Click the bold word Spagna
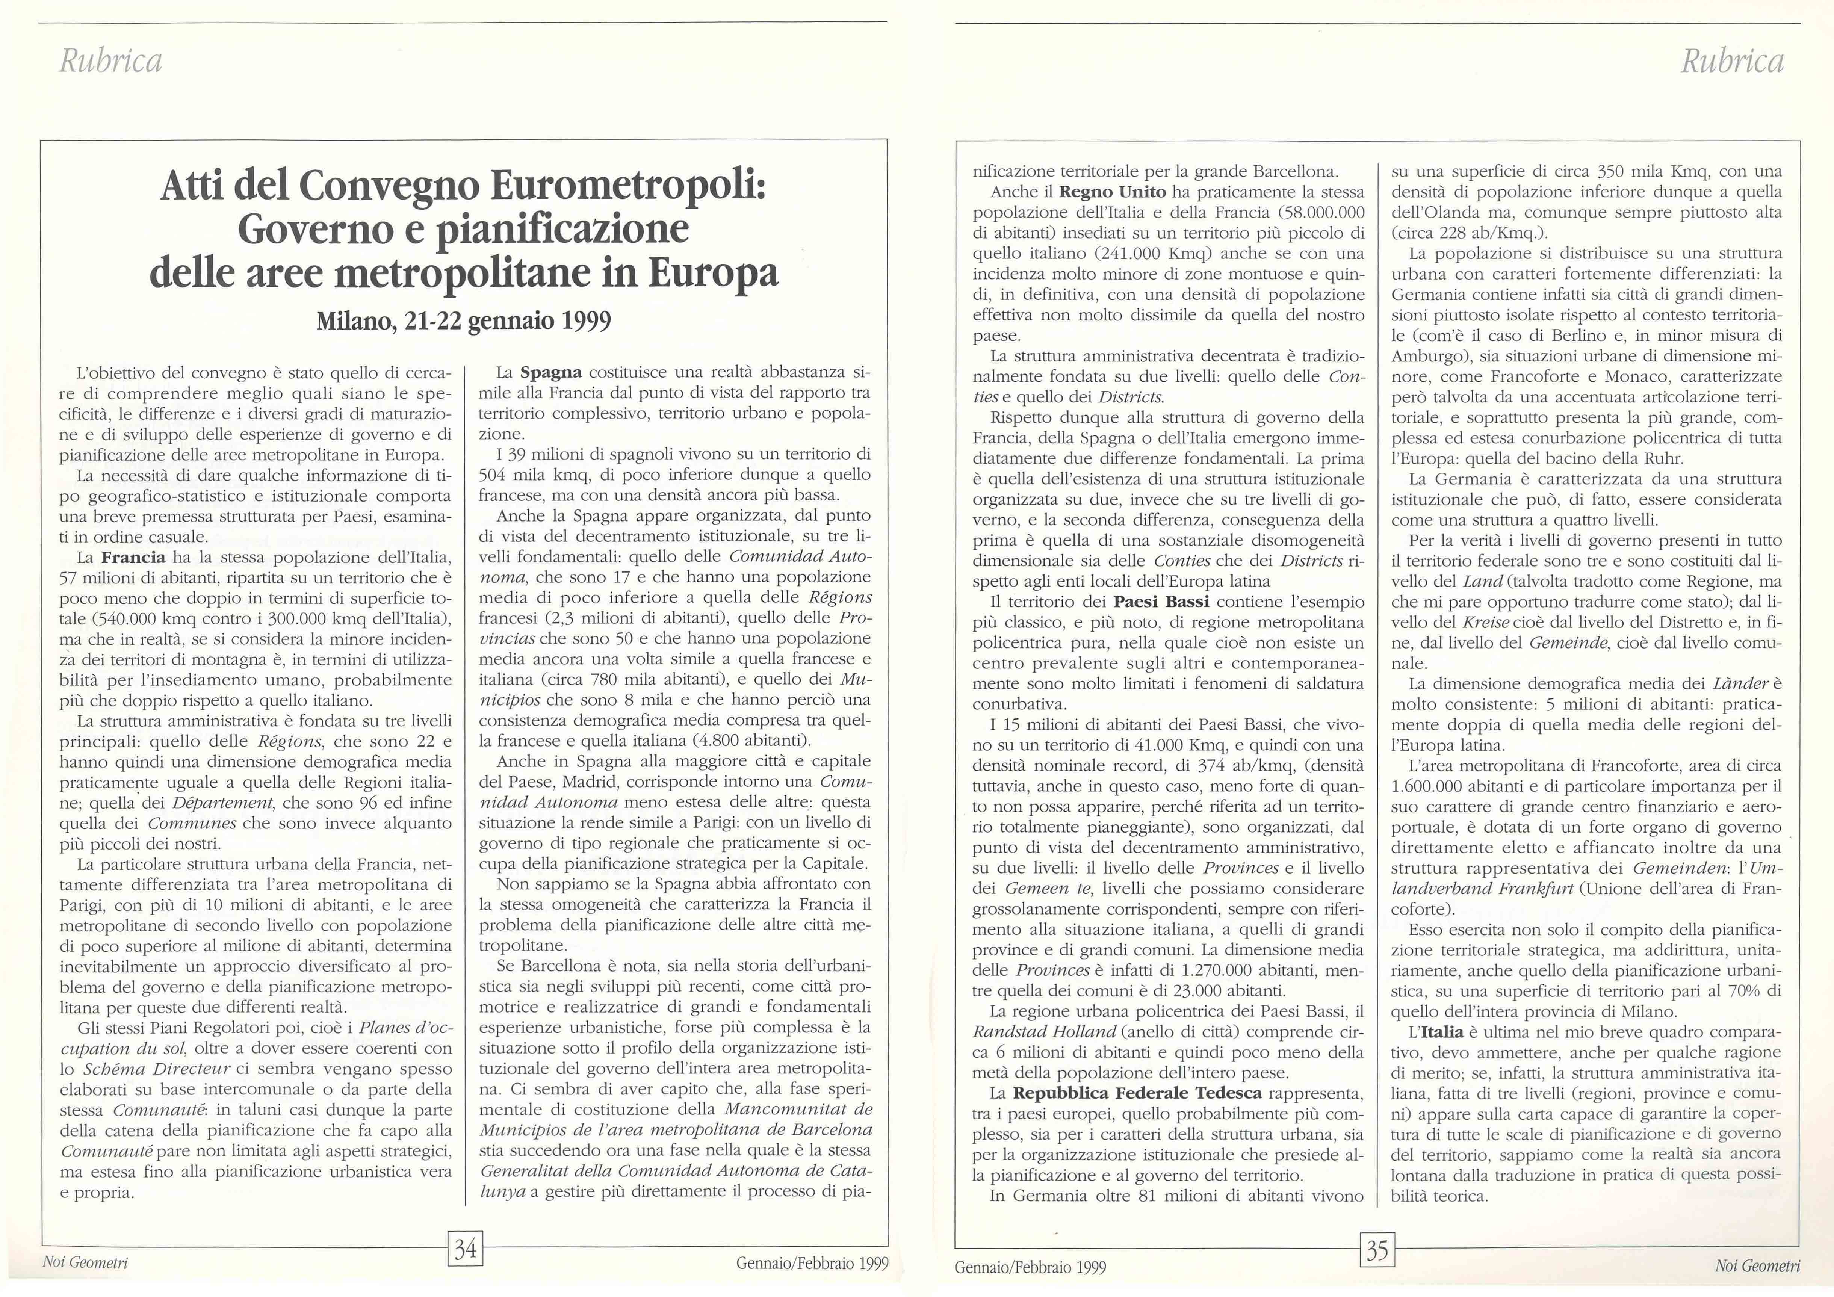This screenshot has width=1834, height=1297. click(x=551, y=372)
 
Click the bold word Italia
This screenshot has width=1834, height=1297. click(x=1442, y=1032)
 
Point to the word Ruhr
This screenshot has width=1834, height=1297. click(x=1659, y=458)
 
